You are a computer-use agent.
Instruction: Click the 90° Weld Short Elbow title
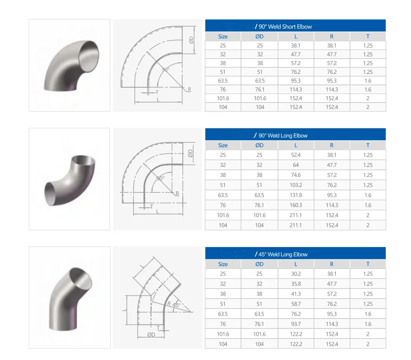click(285, 27)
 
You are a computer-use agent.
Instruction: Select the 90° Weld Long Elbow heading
click(283, 136)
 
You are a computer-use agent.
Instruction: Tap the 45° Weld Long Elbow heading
click(283, 254)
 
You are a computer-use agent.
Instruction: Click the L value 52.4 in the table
click(296, 155)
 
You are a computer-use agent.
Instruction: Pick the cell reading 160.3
click(296, 205)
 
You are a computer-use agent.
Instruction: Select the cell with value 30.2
click(296, 274)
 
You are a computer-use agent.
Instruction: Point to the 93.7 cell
click(296, 324)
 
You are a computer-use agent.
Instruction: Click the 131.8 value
click(296, 195)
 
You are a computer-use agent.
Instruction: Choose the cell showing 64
click(296, 165)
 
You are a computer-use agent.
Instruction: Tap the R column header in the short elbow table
click(331, 36)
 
